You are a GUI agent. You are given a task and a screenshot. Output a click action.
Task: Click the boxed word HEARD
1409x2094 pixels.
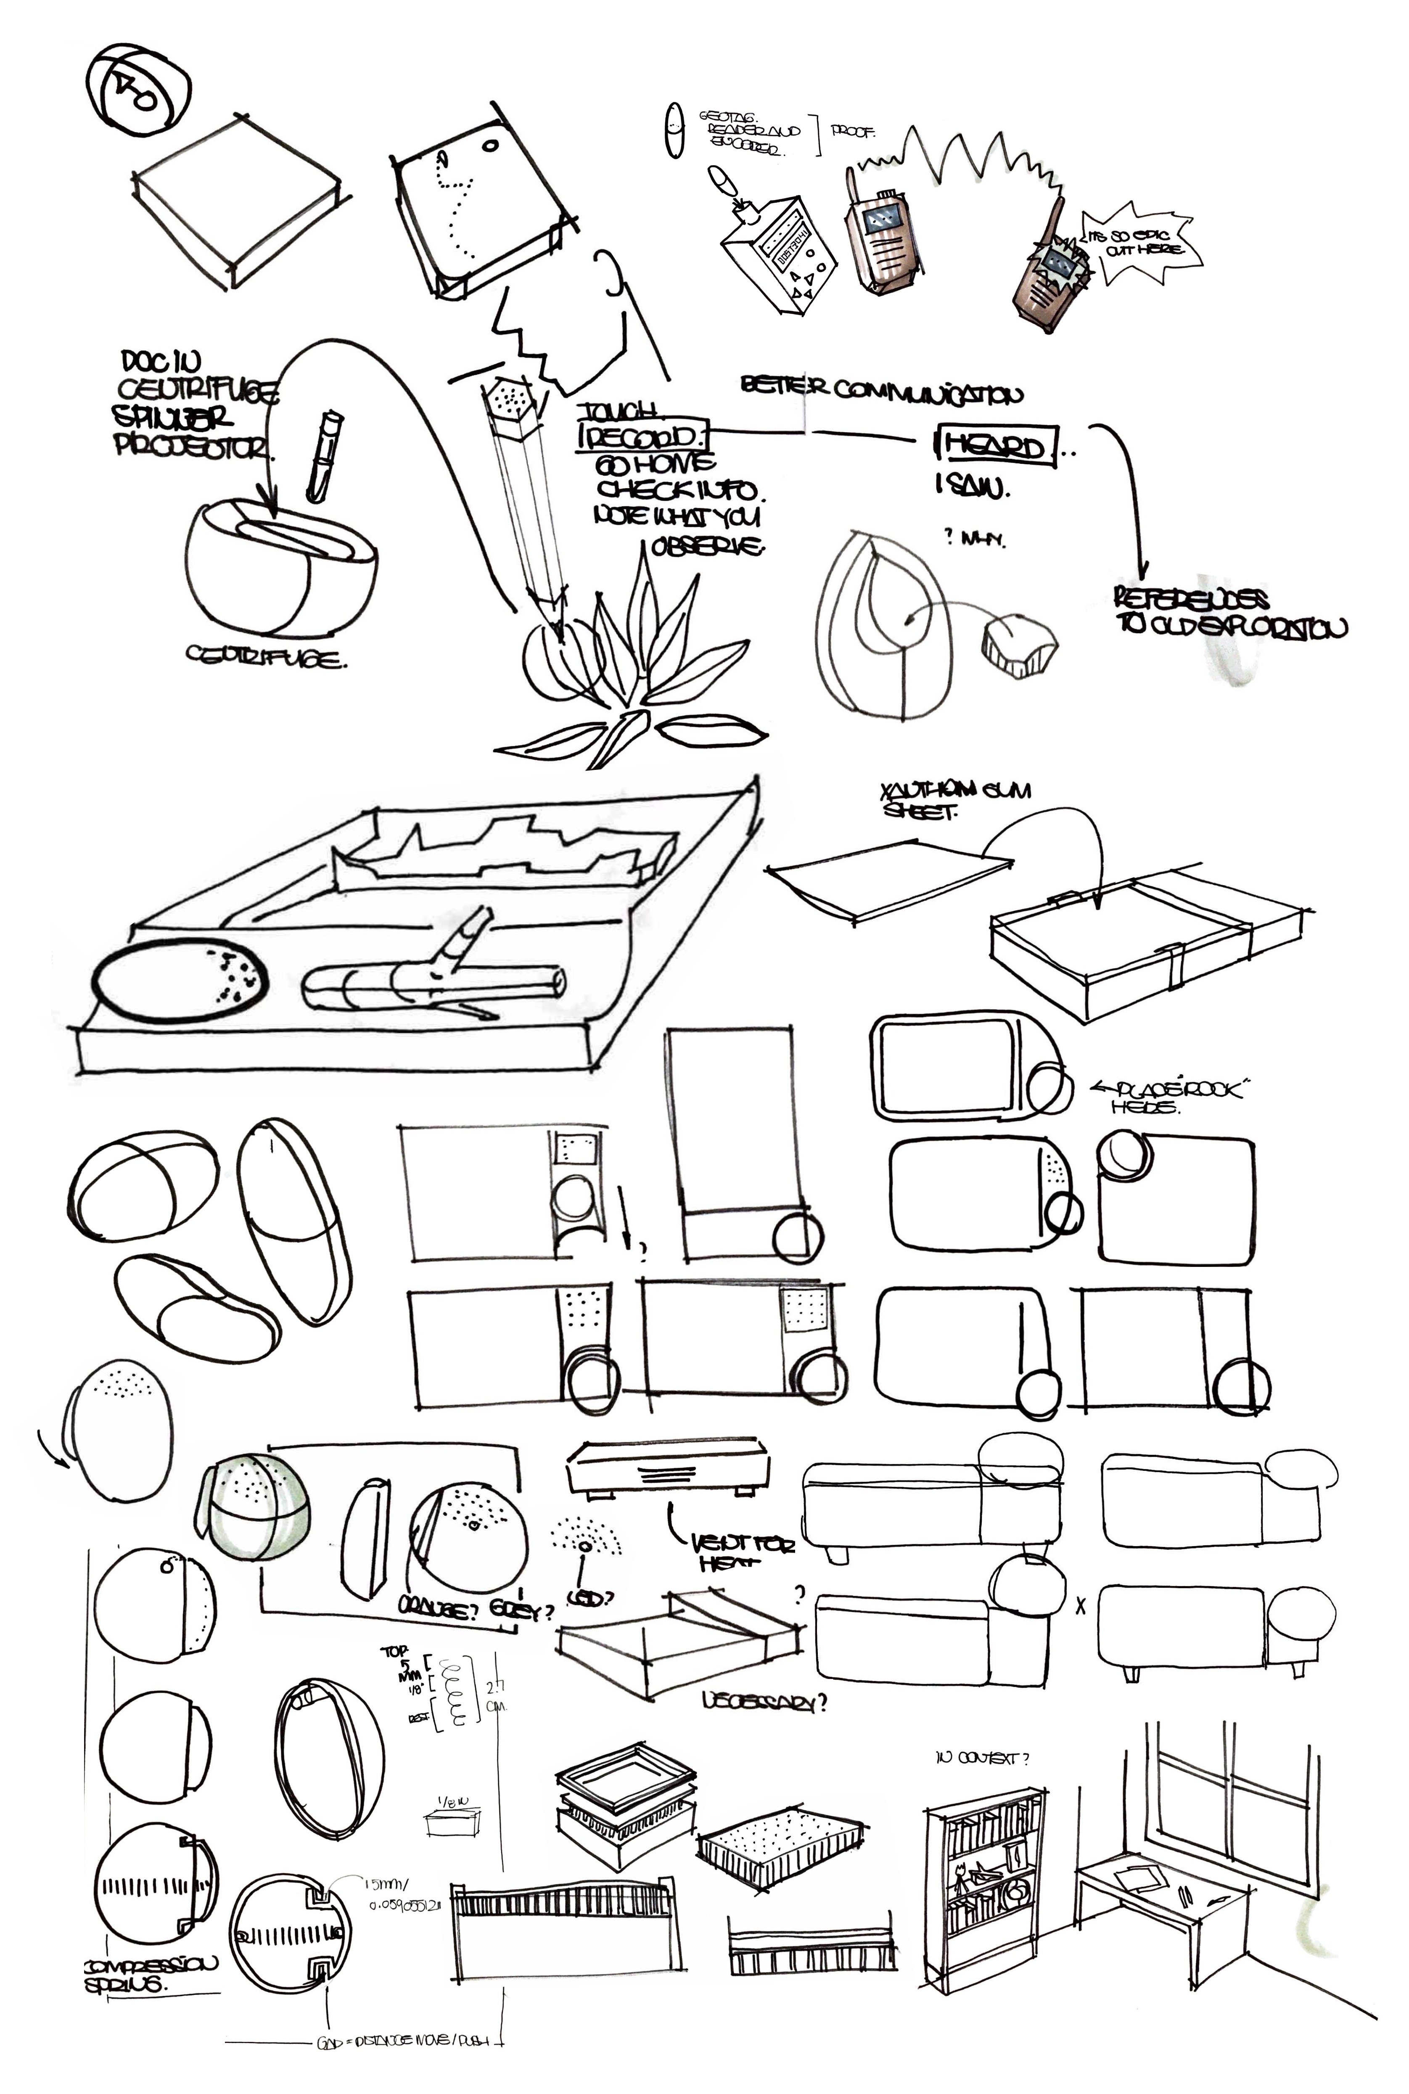[996, 446]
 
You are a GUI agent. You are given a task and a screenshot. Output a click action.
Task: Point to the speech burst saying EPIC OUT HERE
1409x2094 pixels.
[1139, 243]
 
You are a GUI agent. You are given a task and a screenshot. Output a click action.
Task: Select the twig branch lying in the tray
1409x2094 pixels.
[431, 982]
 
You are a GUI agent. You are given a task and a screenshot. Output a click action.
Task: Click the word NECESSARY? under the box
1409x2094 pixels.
[764, 1701]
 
